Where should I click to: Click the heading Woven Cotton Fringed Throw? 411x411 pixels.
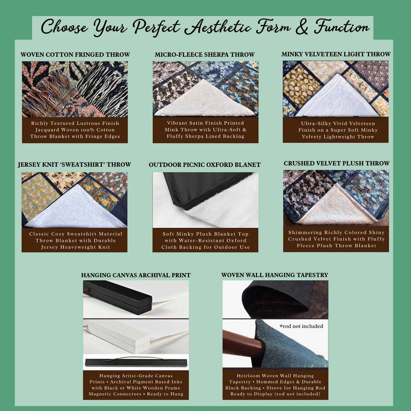(x=75, y=55)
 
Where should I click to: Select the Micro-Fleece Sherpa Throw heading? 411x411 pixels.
(x=205, y=55)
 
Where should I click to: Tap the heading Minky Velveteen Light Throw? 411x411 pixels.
(x=336, y=54)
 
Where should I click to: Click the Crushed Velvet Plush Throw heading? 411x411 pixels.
(x=336, y=163)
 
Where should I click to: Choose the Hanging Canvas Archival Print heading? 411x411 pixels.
(x=136, y=275)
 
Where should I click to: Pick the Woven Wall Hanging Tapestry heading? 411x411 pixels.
(x=275, y=275)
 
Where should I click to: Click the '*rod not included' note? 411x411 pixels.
(x=301, y=326)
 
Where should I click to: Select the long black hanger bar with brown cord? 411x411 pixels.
(x=136, y=362)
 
